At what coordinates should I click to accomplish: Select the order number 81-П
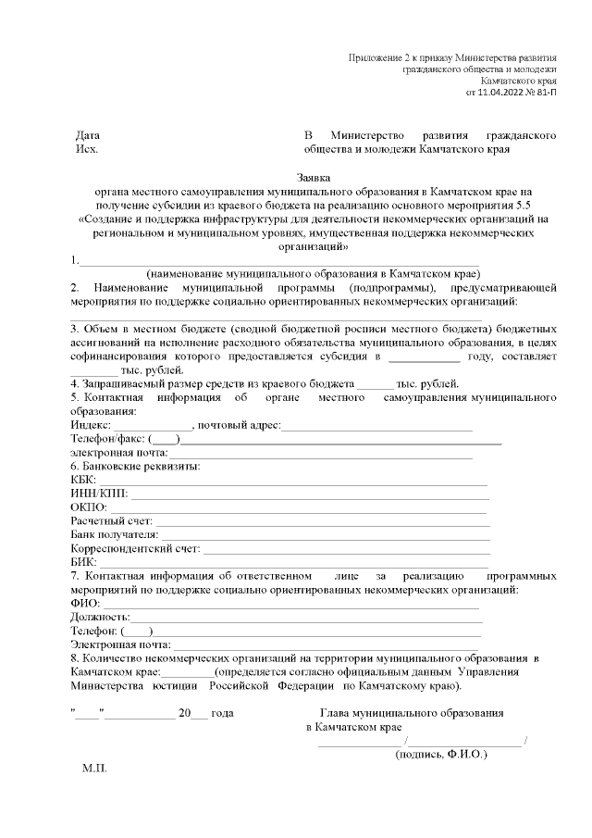[x=547, y=93]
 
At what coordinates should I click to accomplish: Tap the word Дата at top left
[x=88, y=135]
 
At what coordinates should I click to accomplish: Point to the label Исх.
[x=85, y=148]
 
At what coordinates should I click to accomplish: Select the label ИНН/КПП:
[x=98, y=494]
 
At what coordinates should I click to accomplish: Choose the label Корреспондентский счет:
[x=135, y=549]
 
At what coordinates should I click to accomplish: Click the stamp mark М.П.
[x=95, y=769]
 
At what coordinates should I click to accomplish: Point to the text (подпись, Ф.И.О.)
[x=440, y=755]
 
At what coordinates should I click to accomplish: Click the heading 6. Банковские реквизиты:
[x=135, y=466]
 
